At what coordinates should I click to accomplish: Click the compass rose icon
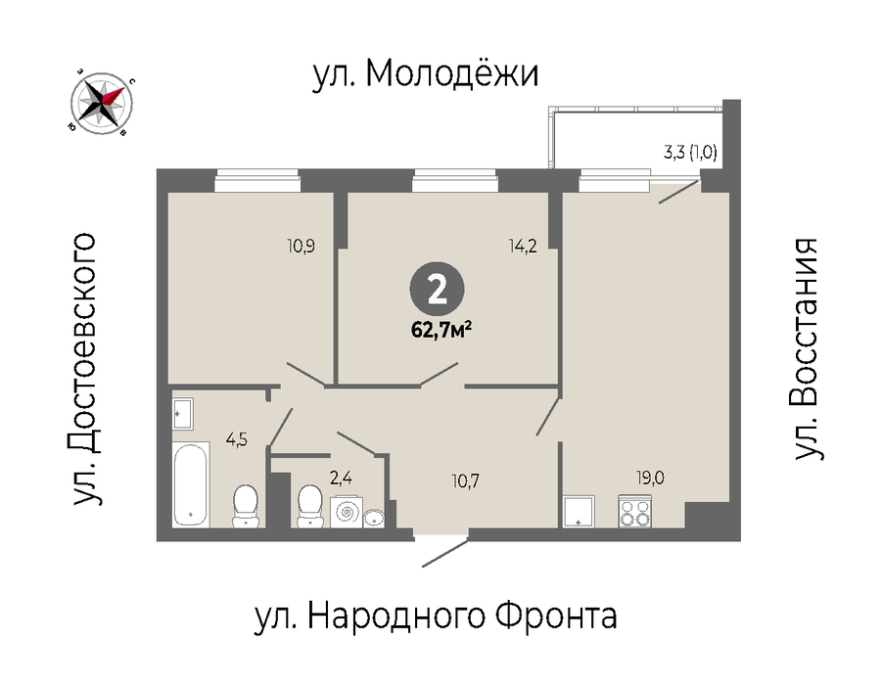(x=103, y=104)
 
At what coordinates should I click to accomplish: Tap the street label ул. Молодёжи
(x=426, y=73)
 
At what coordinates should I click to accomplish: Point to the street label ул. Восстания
(x=806, y=349)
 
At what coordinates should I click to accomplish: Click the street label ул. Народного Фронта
(x=437, y=616)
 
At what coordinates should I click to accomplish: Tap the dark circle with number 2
(x=437, y=291)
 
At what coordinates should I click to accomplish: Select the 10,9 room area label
(x=301, y=246)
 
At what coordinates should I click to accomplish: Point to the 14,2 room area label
(x=523, y=246)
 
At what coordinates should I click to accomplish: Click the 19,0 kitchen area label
(x=650, y=478)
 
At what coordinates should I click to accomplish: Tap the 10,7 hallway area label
(x=465, y=481)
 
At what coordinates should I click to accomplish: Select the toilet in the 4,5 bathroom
(x=245, y=507)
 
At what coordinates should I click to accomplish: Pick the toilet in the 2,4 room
(x=309, y=507)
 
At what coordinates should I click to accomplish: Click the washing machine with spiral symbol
(x=347, y=512)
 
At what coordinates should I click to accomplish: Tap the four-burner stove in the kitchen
(x=634, y=511)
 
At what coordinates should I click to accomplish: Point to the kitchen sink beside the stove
(x=579, y=511)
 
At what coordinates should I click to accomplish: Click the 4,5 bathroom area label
(x=237, y=439)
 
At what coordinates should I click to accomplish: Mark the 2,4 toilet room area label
(x=341, y=479)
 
